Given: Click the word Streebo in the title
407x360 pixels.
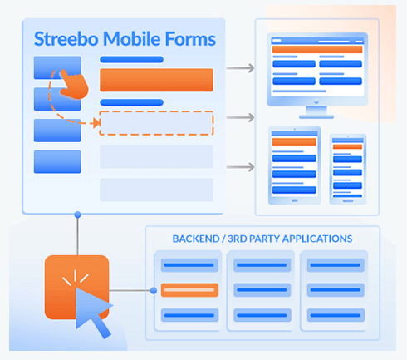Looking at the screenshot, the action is (x=66, y=39).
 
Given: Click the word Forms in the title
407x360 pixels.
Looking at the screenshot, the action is (x=190, y=39).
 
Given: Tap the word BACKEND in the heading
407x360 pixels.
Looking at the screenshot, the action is (x=196, y=239).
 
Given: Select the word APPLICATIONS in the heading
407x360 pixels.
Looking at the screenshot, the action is (x=317, y=239).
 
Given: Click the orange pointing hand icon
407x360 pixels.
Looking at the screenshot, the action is (x=74, y=84).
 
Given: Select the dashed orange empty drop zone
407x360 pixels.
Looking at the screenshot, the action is (x=156, y=123).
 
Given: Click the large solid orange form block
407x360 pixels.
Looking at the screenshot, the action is (x=156, y=80).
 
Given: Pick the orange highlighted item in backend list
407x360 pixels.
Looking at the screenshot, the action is (x=189, y=290).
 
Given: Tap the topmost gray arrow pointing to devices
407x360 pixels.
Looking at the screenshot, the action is (x=240, y=68).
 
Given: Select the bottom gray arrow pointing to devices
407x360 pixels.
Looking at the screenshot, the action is (x=240, y=167).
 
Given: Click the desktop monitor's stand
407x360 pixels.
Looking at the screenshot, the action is (x=316, y=112).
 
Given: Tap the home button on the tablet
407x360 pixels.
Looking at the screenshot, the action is (x=295, y=200).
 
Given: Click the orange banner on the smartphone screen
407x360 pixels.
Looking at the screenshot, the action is (x=347, y=146).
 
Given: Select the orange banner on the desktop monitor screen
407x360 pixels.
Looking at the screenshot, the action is (x=317, y=50).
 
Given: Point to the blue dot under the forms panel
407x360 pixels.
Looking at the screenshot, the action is (x=78, y=215).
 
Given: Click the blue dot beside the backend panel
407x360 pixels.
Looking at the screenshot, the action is (x=154, y=290).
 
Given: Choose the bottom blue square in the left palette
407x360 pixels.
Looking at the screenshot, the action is (x=57, y=162).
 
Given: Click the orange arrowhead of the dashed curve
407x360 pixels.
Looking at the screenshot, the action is (x=96, y=123).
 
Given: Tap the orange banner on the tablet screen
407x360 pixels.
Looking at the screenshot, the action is (x=294, y=142).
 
